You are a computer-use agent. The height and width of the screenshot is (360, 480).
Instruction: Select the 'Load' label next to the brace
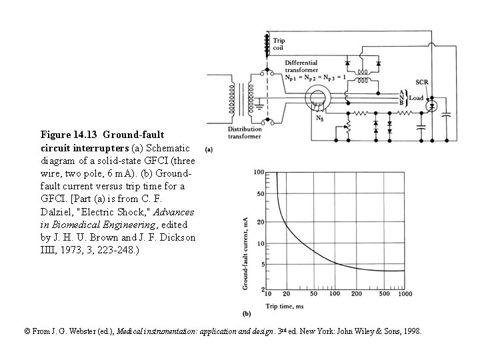417,97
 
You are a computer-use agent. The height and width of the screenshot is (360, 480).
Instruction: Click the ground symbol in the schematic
259,104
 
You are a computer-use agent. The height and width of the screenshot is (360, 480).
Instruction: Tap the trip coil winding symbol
267,44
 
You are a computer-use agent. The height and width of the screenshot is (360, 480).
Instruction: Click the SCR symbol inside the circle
431,106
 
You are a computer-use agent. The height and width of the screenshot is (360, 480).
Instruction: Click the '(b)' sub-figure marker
246,313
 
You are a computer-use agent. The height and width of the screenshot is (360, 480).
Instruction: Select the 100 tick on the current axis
258,173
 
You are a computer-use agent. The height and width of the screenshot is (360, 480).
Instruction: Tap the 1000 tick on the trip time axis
404,294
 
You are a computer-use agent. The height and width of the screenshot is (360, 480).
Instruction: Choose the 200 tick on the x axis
357,294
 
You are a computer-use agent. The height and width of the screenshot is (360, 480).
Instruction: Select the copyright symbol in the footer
27,331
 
